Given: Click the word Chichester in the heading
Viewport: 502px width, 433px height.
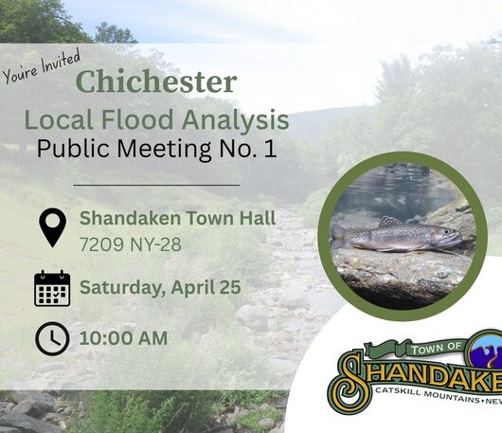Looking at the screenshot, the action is click(156, 81).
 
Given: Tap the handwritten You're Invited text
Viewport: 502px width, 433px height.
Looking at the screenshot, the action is click(41, 67).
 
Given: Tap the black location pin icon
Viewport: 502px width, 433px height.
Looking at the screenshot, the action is click(52, 227).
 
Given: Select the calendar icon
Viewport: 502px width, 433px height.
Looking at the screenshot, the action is click(52, 288).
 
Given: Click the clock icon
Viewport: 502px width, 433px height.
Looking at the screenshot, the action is click(52, 339).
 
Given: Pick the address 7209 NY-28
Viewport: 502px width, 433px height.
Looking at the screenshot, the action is click(131, 244).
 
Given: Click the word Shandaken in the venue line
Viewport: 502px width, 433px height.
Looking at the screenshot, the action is click(131, 218).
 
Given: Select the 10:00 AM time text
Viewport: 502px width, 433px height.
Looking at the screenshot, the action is click(123, 338).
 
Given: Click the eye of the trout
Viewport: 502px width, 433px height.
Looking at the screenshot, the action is click(447, 231).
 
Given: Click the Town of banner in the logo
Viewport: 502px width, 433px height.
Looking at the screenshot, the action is click(416, 349).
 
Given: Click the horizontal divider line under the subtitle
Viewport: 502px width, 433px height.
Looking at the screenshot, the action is click(156, 185).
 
